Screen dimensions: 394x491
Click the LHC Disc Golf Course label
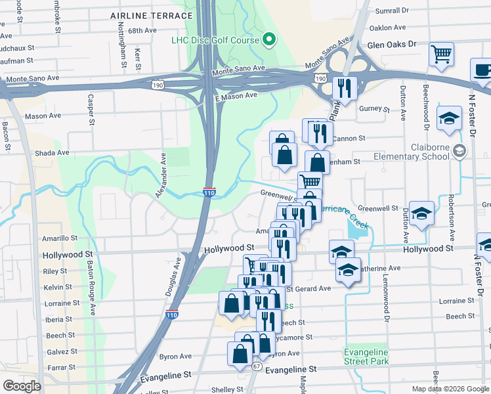[x=215, y=40]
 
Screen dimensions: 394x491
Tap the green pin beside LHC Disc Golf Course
[x=268, y=40]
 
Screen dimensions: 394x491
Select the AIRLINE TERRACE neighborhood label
[x=152, y=15]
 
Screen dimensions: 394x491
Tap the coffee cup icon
[x=482, y=70]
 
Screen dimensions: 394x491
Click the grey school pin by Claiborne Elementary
[x=459, y=152]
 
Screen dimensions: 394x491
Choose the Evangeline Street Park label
[x=366, y=357]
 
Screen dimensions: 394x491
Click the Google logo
[x=21, y=386]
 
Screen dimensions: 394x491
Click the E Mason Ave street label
[x=238, y=96]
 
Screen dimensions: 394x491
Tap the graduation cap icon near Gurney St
[x=449, y=118]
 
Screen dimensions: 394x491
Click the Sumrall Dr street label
[x=391, y=11]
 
